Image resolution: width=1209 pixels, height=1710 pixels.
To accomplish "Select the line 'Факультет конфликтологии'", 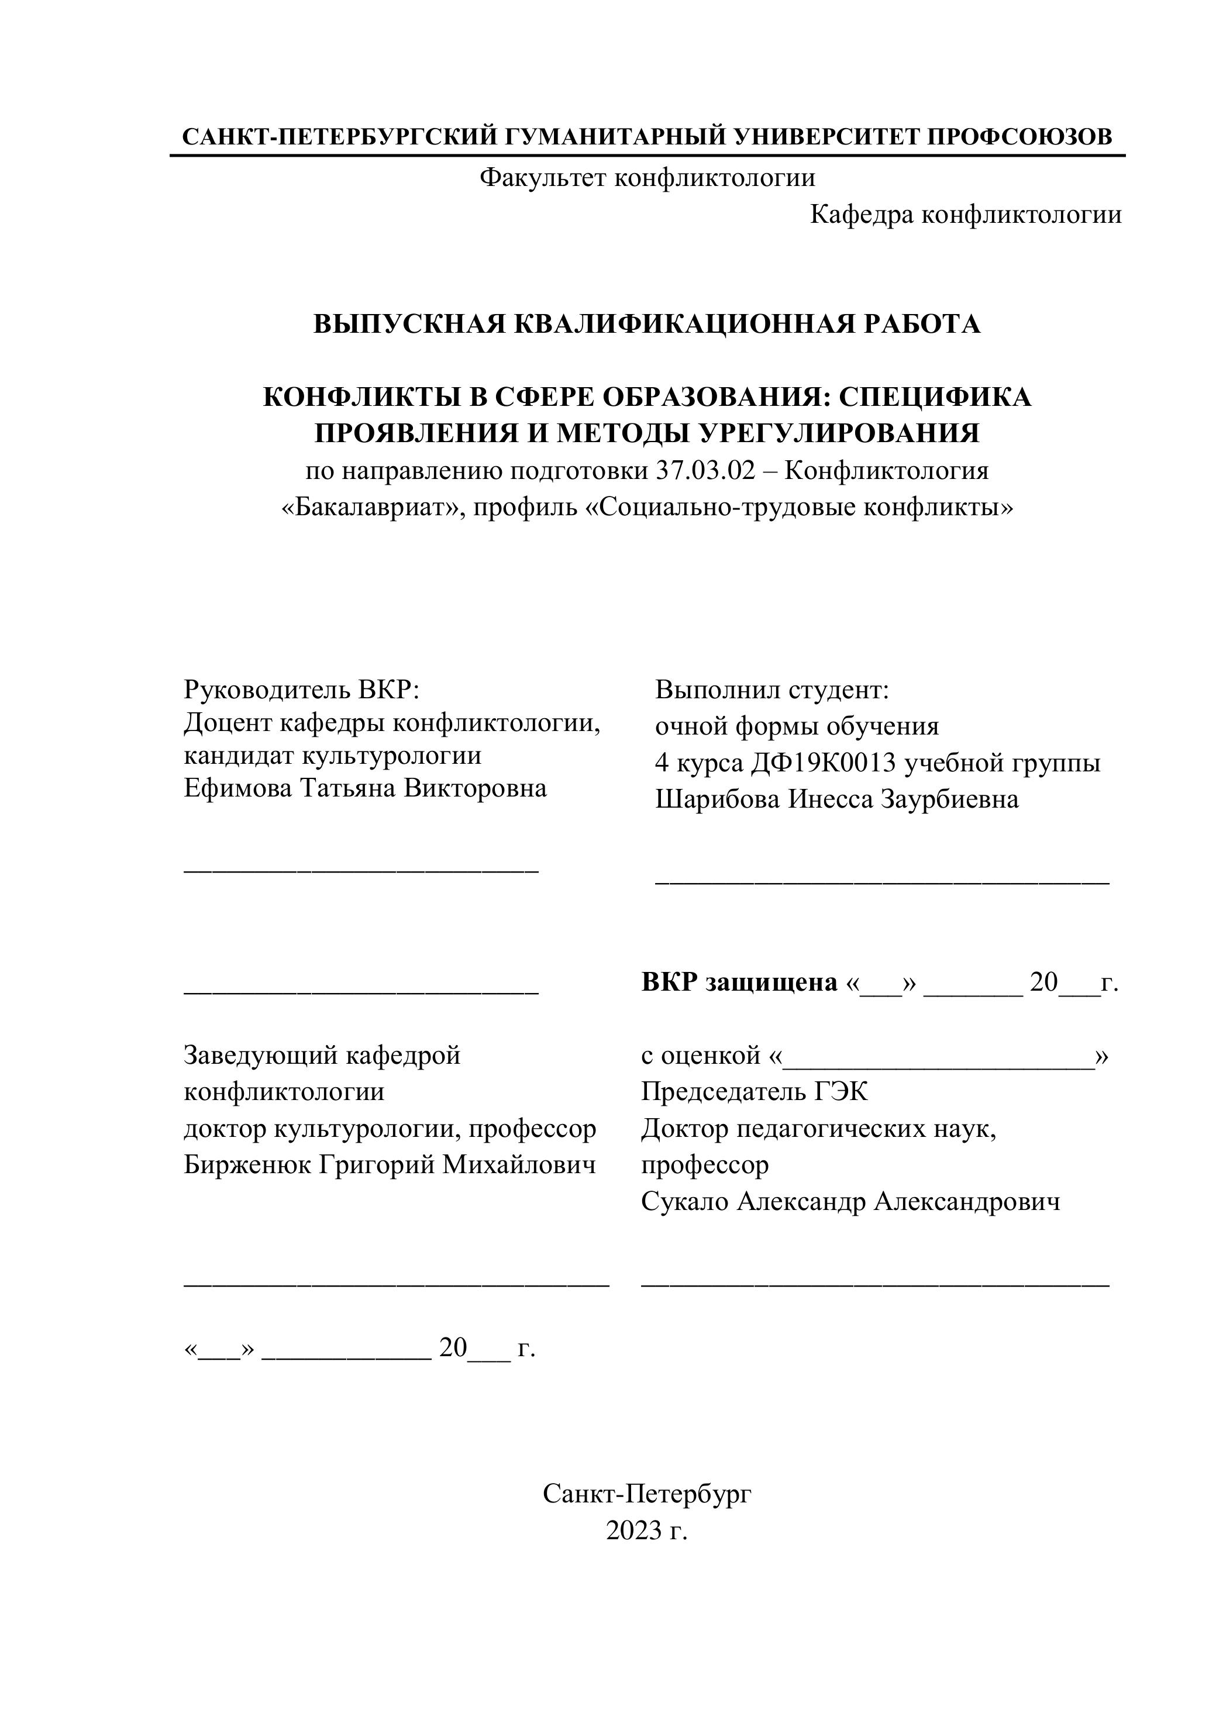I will pos(646,177).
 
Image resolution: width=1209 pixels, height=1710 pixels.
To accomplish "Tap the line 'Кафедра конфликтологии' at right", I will pos(966,215).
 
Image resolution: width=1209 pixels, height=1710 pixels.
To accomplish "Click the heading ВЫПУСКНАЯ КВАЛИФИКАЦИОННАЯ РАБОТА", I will pos(646,324).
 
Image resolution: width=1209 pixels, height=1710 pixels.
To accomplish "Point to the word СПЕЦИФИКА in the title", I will pos(935,397).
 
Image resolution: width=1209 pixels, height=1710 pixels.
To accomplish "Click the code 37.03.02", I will pos(705,471).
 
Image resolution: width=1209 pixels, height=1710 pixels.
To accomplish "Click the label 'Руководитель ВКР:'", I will pos(302,689).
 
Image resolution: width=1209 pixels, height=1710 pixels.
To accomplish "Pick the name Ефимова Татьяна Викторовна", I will pos(365,788).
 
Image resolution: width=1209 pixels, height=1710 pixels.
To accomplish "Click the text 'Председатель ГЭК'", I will pos(754,1092).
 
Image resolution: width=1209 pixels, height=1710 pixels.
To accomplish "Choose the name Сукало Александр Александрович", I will pos(850,1201).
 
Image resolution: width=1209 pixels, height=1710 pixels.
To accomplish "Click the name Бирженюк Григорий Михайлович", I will pos(390,1165).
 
